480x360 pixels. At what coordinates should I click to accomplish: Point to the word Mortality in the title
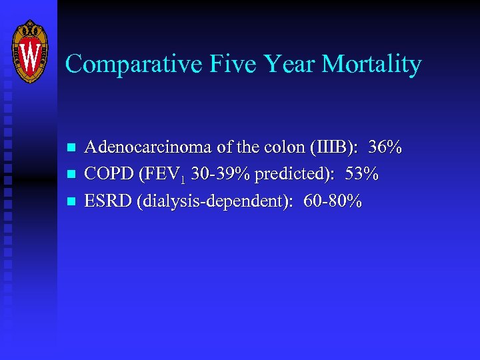372,64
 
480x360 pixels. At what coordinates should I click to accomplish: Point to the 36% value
387,147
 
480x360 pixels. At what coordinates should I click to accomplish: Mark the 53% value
363,174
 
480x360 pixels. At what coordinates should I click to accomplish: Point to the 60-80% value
333,201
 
